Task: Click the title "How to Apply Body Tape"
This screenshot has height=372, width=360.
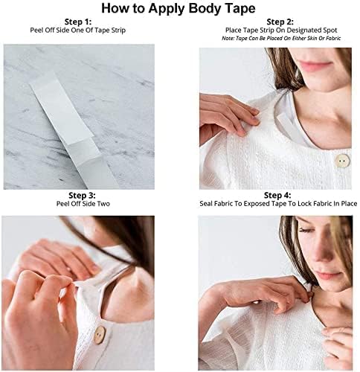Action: click(x=179, y=10)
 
